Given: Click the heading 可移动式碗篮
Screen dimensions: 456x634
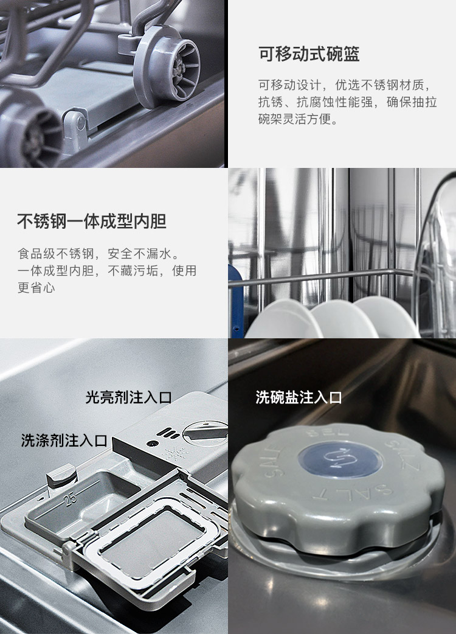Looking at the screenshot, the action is (309, 54).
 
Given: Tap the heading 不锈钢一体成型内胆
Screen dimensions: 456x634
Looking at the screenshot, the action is (92, 221).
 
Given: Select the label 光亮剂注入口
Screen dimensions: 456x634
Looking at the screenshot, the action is (128, 397).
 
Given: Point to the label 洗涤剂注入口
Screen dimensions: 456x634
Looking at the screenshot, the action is (64, 441).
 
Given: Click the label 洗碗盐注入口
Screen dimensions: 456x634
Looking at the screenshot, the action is (299, 397).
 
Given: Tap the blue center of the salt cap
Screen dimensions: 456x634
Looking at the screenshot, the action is (340, 459).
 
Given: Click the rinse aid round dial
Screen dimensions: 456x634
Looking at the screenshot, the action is (205, 432).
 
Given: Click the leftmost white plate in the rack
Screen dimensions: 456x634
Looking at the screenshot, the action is (283, 319).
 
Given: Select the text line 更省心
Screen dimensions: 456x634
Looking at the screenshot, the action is (36, 287).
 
